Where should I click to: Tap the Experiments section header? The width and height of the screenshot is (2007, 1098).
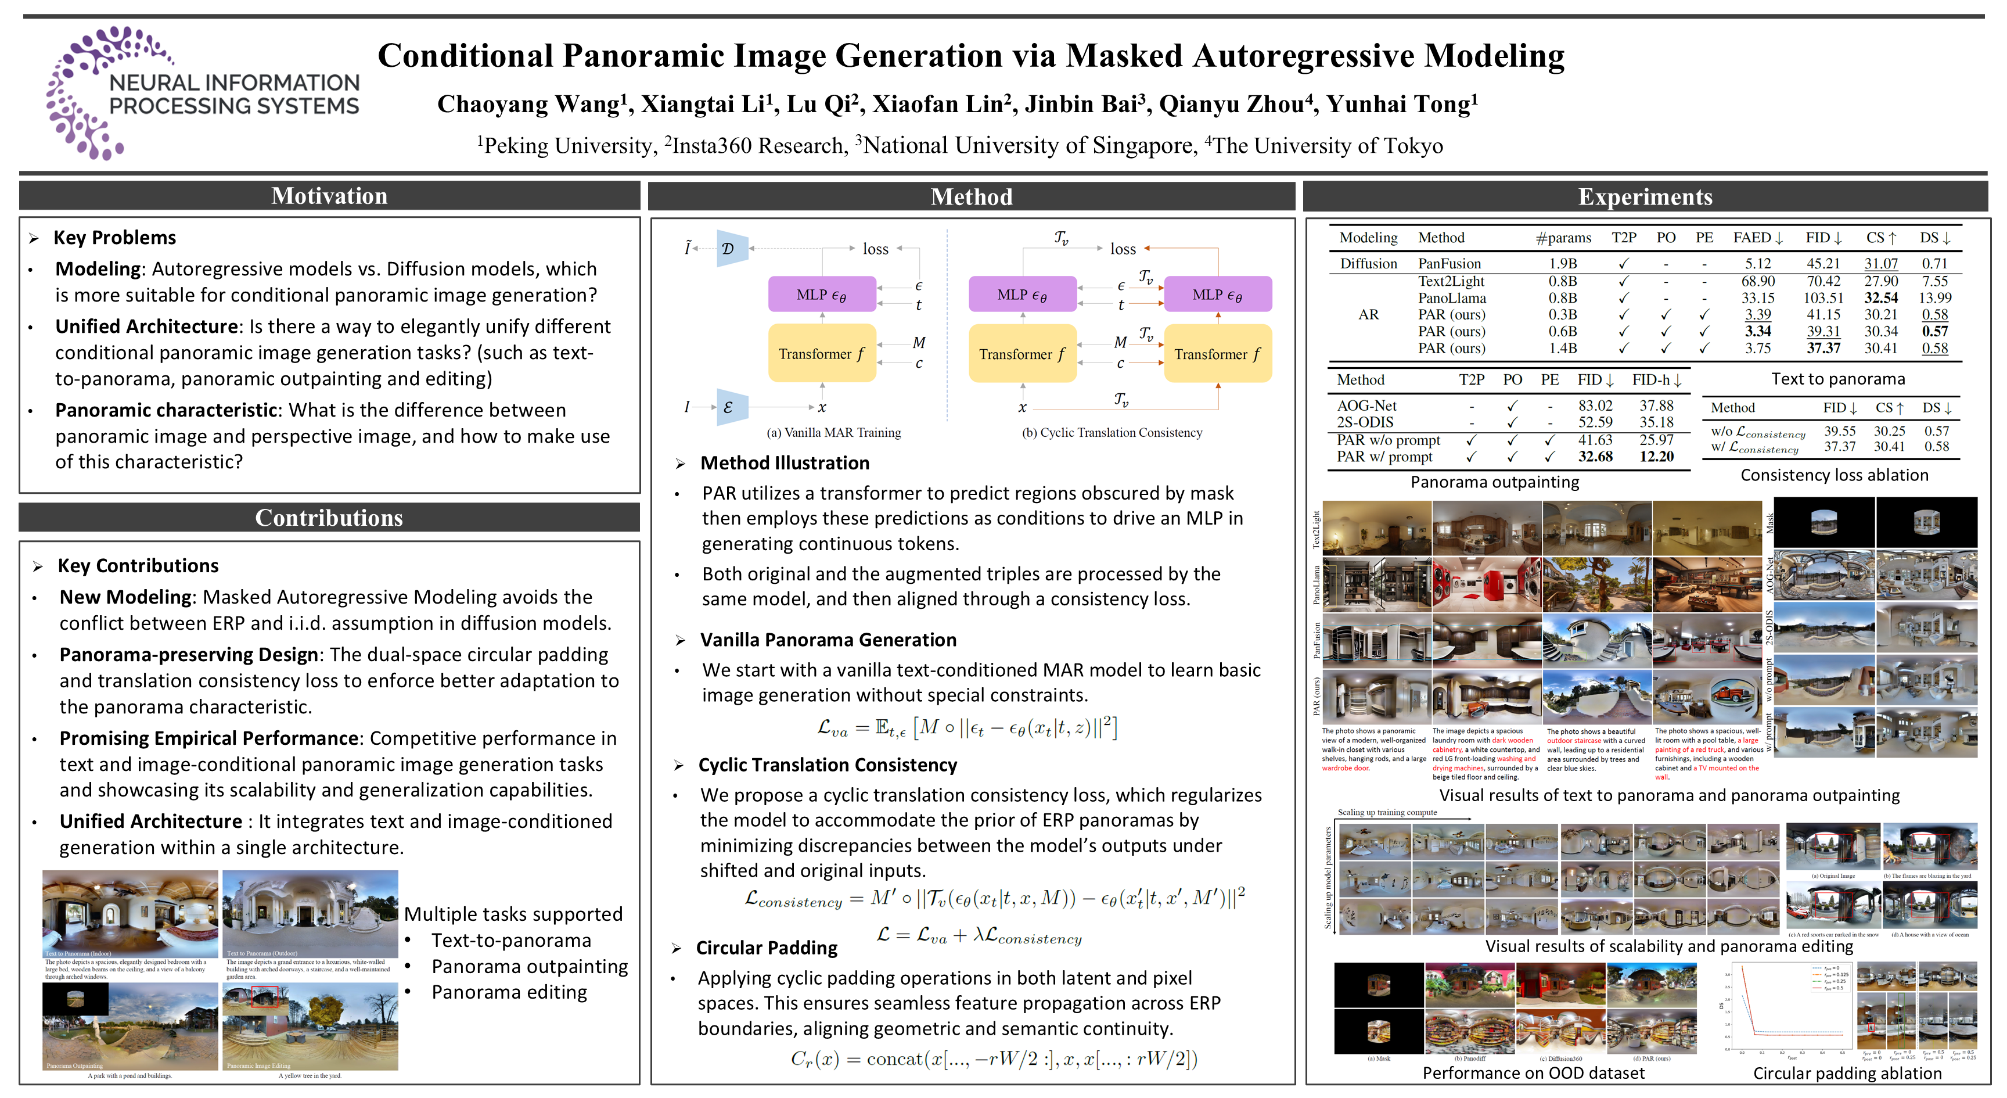pyautogui.click(x=1645, y=196)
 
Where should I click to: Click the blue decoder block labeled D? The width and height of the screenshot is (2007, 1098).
pyautogui.click(x=730, y=249)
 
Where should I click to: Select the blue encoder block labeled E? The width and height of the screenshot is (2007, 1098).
pyautogui.click(x=730, y=407)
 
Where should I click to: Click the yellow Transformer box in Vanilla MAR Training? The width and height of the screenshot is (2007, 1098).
pyautogui.click(x=821, y=354)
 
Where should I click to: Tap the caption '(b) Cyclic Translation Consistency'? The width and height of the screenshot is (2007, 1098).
pyautogui.click(x=1111, y=432)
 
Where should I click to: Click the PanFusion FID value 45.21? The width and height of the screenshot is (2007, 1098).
pyautogui.click(x=1822, y=263)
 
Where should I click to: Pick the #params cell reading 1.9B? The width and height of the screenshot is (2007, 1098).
pyautogui.click(x=1562, y=263)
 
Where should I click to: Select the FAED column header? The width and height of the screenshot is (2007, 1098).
pyautogui.click(x=1757, y=238)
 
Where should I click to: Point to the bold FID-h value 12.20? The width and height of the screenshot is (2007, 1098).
pyautogui.click(x=1656, y=457)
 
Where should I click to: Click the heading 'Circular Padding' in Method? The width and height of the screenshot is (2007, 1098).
pyautogui.click(x=766, y=948)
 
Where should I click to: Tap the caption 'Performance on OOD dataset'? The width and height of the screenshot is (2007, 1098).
pyautogui.click(x=1533, y=1073)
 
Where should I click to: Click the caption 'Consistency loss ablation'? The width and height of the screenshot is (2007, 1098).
pyautogui.click(x=1834, y=475)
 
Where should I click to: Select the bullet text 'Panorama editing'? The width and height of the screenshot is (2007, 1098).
pyautogui.click(x=509, y=992)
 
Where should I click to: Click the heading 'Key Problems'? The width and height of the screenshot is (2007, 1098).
pyautogui.click(x=114, y=238)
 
